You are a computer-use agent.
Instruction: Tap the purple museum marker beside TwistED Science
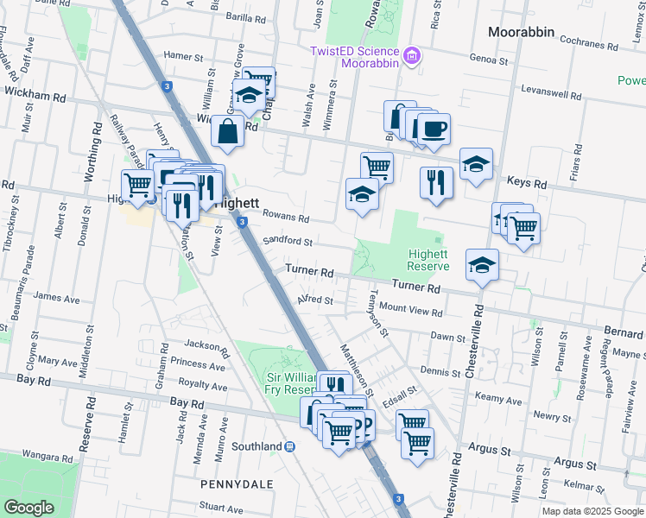414,56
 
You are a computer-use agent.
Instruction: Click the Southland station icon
291,446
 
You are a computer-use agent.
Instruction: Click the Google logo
29,508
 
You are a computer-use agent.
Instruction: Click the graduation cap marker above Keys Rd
476,164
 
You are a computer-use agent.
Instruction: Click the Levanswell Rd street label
551,91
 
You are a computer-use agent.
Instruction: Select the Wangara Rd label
46,453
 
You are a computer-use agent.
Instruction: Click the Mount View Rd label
410,308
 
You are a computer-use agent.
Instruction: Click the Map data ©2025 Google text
592,511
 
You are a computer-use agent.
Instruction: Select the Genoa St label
489,60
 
